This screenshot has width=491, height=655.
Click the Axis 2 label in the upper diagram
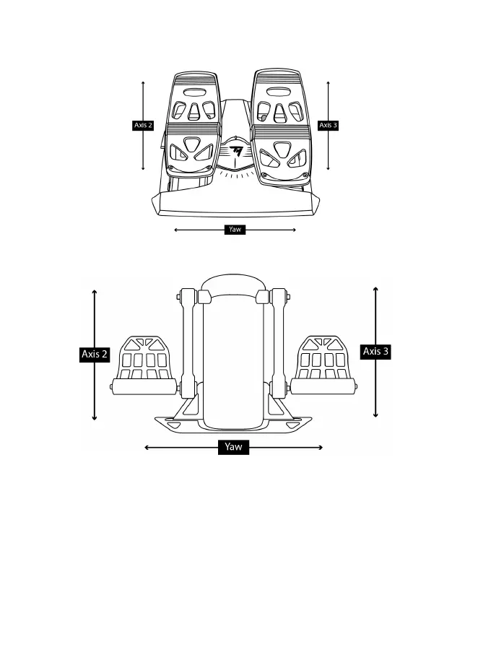[x=143, y=125]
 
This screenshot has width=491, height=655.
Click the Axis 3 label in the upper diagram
[x=328, y=125]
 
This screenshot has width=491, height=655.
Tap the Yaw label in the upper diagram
[x=235, y=230]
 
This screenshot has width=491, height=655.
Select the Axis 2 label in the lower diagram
[x=95, y=354]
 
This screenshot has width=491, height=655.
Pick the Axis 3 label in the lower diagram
[x=375, y=352]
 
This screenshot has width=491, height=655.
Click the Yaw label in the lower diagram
[x=233, y=447]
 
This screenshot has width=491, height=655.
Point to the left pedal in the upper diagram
[x=193, y=123]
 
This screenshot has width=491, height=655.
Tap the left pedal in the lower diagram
[x=146, y=359]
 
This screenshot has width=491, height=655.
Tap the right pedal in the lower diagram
[x=325, y=359]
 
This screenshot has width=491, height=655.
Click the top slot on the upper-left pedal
[x=194, y=92]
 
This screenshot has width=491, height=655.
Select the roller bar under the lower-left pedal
[x=145, y=388]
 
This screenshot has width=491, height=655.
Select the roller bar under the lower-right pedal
[x=326, y=387]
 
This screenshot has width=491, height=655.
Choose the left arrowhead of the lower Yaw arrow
[x=147, y=448]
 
